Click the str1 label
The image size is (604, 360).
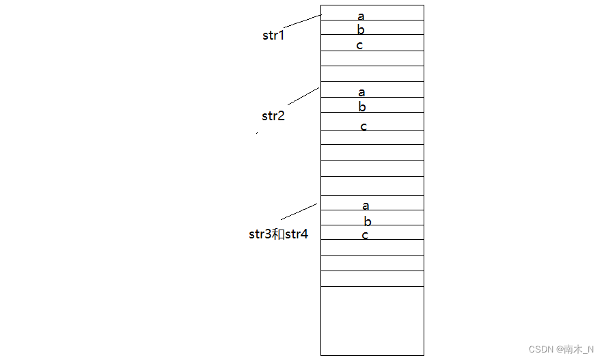(x=273, y=36)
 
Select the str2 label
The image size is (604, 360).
(x=273, y=115)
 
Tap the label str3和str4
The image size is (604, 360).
(x=279, y=234)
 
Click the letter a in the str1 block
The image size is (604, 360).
(x=361, y=16)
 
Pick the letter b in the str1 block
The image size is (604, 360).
(x=361, y=30)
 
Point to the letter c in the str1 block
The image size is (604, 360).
(x=359, y=46)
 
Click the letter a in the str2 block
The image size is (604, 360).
(x=361, y=92)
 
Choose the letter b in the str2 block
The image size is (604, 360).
(x=362, y=107)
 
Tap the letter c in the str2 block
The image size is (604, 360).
(x=363, y=126)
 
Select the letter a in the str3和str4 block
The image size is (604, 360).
(x=366, y=206)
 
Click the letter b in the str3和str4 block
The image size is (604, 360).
(x=368, y=221)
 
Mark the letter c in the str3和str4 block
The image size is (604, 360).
(x=365, y=235)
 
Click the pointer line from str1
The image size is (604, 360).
(x=302, y=21)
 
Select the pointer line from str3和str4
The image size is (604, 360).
(x=299, y=211)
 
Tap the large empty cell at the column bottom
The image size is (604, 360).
(x=372, y=320)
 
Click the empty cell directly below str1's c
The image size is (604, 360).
(x=372, y=58)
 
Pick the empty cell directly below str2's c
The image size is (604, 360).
(x=372, y=137)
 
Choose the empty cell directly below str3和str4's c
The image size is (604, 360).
(x=372, y=247)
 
